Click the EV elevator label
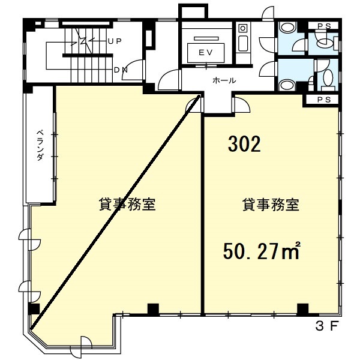click(x=206, y=53)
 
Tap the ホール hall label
click(x=224, y=80)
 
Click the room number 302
click(x=245, y=144)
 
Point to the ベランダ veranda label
click(x=40, y=145)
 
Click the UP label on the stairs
click(x=115, y=41)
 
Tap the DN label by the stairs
click(x=121, y=70)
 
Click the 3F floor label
click(x=327, y=326)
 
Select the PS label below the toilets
click(x=324, y=100)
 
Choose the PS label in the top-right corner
click(x=324, y=26)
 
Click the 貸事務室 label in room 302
click(x=271, y=205)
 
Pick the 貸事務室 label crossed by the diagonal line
click(x=127, y=204)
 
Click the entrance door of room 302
click(x=241, y=105)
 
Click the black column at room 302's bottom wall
click(x=303, y=309)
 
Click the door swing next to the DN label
click(x=133, y=70)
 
